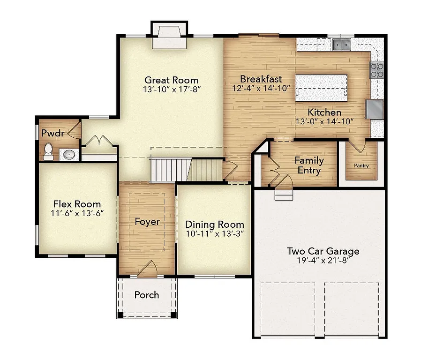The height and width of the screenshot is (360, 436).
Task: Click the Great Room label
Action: coord(171,80)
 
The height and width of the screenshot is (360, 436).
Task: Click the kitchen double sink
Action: coord(342,45)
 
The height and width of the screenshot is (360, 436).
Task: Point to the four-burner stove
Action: coord(377,70)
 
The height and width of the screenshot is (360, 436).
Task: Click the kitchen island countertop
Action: coord(321,87)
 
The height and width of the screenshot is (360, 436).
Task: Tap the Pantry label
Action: coord(361,166)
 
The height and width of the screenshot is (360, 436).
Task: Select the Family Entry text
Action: coord(309,165)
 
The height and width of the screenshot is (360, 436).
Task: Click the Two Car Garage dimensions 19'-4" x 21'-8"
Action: coord(323,261)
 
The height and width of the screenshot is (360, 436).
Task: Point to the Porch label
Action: coord(146,295)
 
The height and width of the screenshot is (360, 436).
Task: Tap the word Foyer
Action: coord(147,222)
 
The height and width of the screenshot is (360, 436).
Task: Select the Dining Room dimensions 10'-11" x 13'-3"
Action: coord(214,233)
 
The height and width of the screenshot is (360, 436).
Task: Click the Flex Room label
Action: coord(77,204)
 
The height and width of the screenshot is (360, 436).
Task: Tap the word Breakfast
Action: coord(261,79)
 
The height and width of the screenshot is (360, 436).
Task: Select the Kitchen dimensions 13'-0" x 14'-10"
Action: coord(324,121)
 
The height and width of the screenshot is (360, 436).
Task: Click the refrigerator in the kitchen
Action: coord(375,109)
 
